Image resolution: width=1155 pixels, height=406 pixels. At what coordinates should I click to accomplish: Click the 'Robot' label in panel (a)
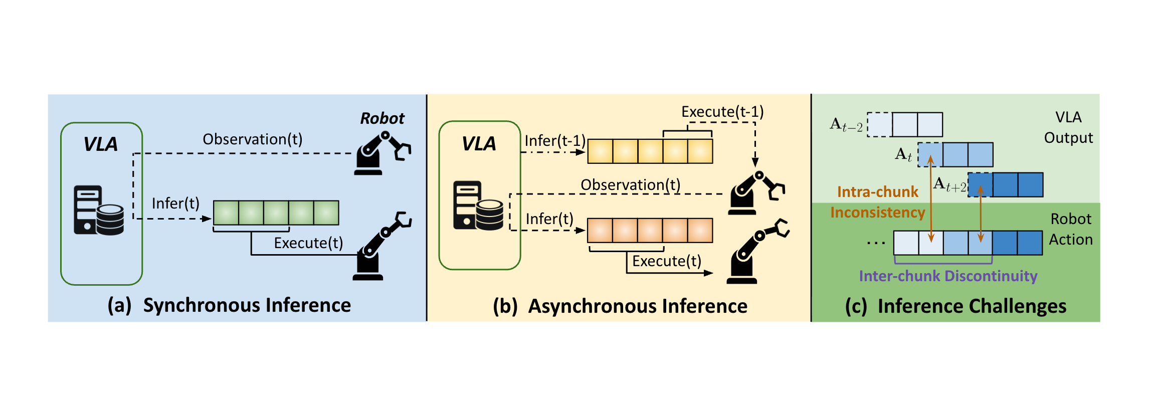pos(382,118)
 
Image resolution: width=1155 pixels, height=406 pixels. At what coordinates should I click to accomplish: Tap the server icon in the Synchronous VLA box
pos(98,211)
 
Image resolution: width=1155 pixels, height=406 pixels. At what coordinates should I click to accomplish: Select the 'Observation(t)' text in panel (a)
pos(252,139)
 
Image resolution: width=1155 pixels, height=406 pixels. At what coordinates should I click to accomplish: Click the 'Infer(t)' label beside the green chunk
pos(175,204)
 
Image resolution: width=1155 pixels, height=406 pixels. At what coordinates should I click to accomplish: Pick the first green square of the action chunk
pos(226,213)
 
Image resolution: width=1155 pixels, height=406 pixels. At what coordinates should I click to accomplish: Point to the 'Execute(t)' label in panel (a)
pos(308,243)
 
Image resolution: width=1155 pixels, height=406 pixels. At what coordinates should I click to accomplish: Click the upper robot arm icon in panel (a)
pos(382,153)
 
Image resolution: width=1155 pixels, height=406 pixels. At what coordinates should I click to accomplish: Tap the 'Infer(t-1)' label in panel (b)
pos(554,141)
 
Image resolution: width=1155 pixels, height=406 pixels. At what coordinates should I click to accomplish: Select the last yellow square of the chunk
pos(700,151)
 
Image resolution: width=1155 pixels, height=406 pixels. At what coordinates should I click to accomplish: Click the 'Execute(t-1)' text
pos(722,112)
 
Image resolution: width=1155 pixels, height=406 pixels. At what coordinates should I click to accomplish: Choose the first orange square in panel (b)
pos(600,231)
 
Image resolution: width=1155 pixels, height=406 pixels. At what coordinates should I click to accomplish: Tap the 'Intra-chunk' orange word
pos(877,192)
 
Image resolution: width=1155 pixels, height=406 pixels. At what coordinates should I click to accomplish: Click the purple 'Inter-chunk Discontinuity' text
pos(947,276)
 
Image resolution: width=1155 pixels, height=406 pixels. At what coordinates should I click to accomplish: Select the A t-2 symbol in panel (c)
pos(846,125)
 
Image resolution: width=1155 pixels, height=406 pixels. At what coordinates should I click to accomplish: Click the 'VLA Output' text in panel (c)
pos(1068,127)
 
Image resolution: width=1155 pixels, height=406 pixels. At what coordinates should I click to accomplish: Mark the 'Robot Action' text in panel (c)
pos(1070,229)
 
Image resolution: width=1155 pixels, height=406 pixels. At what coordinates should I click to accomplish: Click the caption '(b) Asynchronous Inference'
pos(620,306)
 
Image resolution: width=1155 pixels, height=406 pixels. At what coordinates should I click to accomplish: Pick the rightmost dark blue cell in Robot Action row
pos(1030,243)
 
